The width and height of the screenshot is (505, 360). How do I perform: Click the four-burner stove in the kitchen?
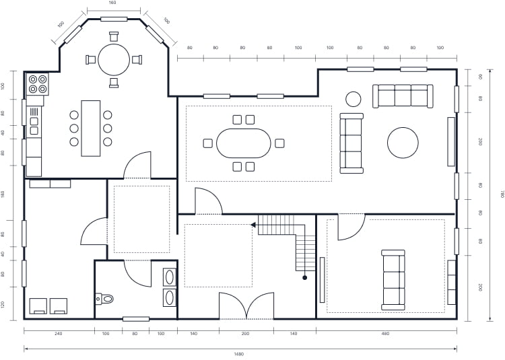tap(37, 84)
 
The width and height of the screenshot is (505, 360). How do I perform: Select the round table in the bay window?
tap(114, 59)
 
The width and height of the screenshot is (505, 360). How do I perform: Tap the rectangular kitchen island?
tap(90, 128)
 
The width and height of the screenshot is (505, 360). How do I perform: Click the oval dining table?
tap(243, 143)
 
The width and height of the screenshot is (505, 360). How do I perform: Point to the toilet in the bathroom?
tap(105, 297)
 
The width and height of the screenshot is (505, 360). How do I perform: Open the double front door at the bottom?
tap(246, 306)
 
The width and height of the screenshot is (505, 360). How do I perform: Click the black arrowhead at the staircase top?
tap(252, 225)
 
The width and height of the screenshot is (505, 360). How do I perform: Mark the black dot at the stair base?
tap(304, 277)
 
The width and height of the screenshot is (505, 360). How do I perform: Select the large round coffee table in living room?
tap(403, 143)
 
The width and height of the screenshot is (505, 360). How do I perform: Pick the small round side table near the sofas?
tap(353, 99)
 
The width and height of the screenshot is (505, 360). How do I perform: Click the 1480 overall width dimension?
tap(239, 354)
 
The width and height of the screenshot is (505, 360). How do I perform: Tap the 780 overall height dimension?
tap(501, 194)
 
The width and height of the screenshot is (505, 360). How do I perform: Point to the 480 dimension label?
tap(386, 334)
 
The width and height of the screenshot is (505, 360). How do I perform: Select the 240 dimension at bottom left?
tap(58, 334)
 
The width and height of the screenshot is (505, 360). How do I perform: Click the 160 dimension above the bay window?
tap(112, 3)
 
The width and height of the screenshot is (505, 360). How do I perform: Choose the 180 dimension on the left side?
tap(3, 194)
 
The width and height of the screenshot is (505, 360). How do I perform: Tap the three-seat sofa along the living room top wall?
tap(403, 96)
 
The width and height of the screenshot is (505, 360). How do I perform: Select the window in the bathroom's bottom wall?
tap(135, 319)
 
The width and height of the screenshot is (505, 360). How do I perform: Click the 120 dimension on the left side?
tap(3, 304)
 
